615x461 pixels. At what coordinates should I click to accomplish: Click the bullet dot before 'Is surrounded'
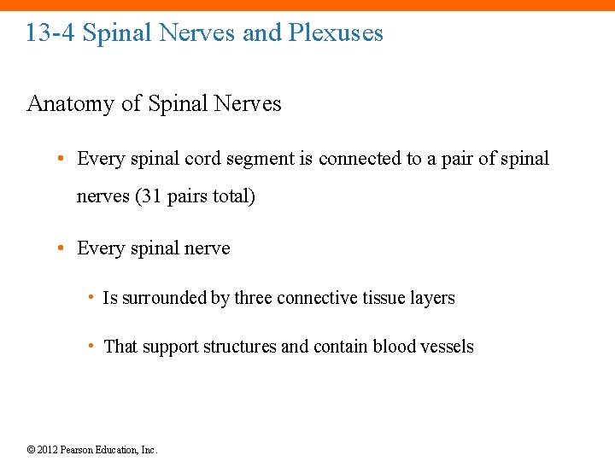click(x=90, y=298)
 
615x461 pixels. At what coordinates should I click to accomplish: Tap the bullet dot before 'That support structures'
click(x=90, y=347)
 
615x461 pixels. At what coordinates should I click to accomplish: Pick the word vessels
click(x=448, y=347)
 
